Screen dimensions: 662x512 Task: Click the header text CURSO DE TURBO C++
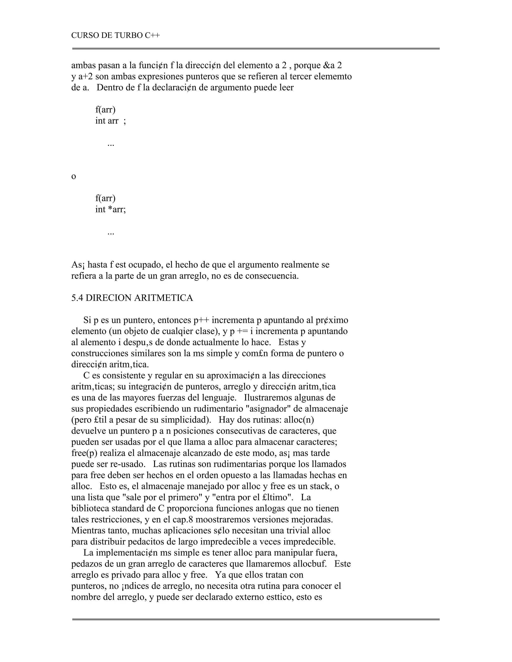tap(115, 35)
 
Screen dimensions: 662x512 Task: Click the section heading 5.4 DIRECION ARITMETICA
tap(132, 298)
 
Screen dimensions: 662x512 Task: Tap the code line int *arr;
tap(110, 209)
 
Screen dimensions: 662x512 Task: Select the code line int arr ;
tap(110, 121)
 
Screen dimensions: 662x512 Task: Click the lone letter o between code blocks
tap(73, 176)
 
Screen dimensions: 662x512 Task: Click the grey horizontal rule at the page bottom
tap(256, 619)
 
